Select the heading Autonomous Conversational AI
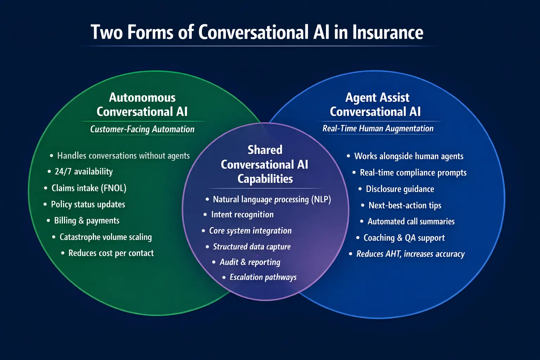[x=142, y=104]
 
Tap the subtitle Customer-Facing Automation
[x=142, y=129]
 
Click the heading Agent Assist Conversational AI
[x=375, y=104]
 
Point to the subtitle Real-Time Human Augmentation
[x=378, y=129]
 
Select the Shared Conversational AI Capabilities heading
[x=265, y=164]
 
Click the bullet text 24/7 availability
[x=84, y=172]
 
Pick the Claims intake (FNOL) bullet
[x=89, y=188]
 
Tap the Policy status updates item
[x=88, y=204]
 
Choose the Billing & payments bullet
[x=86, y=220]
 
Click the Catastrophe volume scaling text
[x=105, y=237]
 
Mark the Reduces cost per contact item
[x=111, y=253]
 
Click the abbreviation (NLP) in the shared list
[x=321, y=199]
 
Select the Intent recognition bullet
[x=242, y=214]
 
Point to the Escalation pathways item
[x=263, y=277]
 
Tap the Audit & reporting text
[x=250, y=262]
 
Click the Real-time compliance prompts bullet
[x=413, y=173]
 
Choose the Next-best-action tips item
[x=405, y=205]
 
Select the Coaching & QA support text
[x=404, y=238]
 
